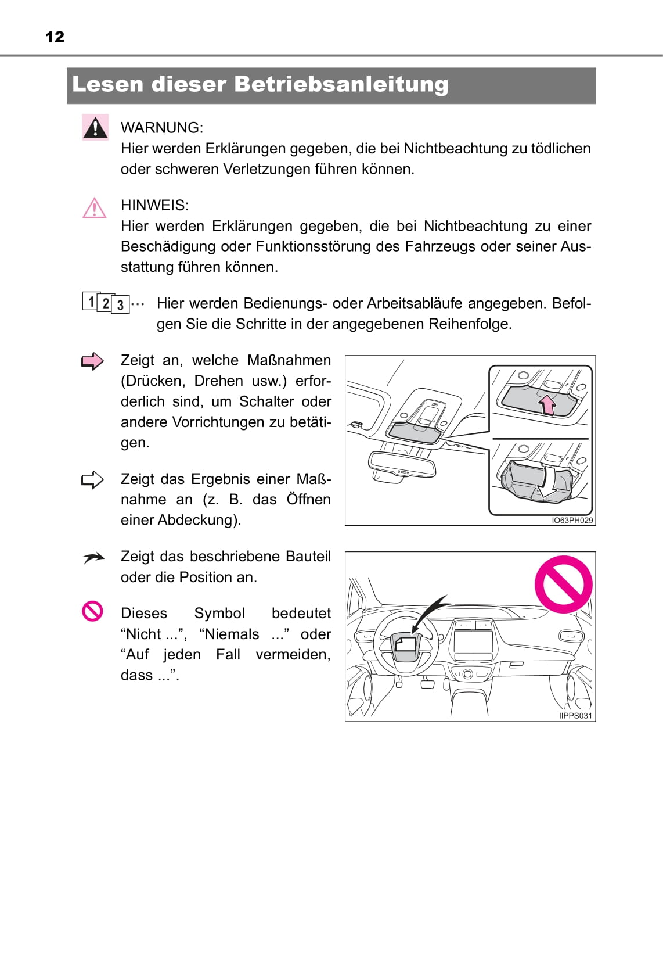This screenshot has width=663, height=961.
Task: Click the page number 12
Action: pos(55,37)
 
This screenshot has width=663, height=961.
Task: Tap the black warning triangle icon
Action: pos(95,127)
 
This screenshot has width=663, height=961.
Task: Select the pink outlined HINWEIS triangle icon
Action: pos(94,208)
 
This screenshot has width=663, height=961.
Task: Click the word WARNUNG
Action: pos(161,128)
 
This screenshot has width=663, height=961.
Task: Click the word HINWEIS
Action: pos(154,205)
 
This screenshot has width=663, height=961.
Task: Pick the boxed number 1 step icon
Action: pos(91,301)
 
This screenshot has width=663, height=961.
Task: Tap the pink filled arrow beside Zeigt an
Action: pos(92,361)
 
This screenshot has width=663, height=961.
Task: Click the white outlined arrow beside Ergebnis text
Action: pos(92,480)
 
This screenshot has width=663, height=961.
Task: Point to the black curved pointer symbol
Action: pos(93,558)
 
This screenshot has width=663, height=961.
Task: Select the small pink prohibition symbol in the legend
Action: pos(93,611)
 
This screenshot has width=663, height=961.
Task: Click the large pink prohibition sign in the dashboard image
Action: pos(563,584)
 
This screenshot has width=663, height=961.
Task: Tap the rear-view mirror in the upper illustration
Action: pos(402,465)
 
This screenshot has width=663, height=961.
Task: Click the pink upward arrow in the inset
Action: pos(547,404)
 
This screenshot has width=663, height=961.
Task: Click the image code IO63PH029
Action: pos(572,521)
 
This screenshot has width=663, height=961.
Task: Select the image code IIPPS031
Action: pos(575,716)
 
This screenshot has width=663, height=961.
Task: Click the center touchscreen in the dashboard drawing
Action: pos(473,641)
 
